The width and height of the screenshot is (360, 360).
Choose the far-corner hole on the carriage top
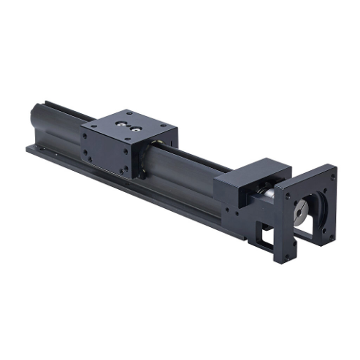pyautogui.click(x=129, y=112)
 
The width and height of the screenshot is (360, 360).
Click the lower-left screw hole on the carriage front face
pyautogui.click(x=87, y=153)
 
